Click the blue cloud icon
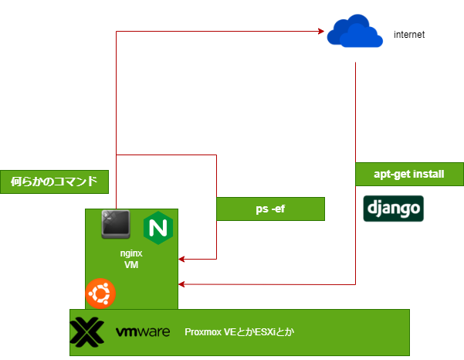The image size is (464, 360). click(x=354, y=32)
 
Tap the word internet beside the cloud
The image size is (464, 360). click(x=409, y=36)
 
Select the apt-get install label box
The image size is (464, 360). click(x=409, y=174)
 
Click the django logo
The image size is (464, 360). click(x=393, y=209)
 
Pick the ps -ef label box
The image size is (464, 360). click(x=270, y=209)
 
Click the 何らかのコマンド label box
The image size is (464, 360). click(x=54, y=182)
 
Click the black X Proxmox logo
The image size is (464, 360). click(x=87, y=332)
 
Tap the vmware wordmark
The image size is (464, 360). click(x=143, y=332)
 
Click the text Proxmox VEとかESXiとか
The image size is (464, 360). click(x=240, y=332)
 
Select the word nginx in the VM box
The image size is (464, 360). click(x=131, y=252)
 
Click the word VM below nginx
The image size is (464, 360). click(x=131, y=264)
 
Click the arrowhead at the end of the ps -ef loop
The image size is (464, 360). click(x=183, y=259)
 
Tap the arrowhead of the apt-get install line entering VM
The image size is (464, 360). click(x=183, y=285)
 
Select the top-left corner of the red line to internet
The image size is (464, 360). click(x=116, y=31)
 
